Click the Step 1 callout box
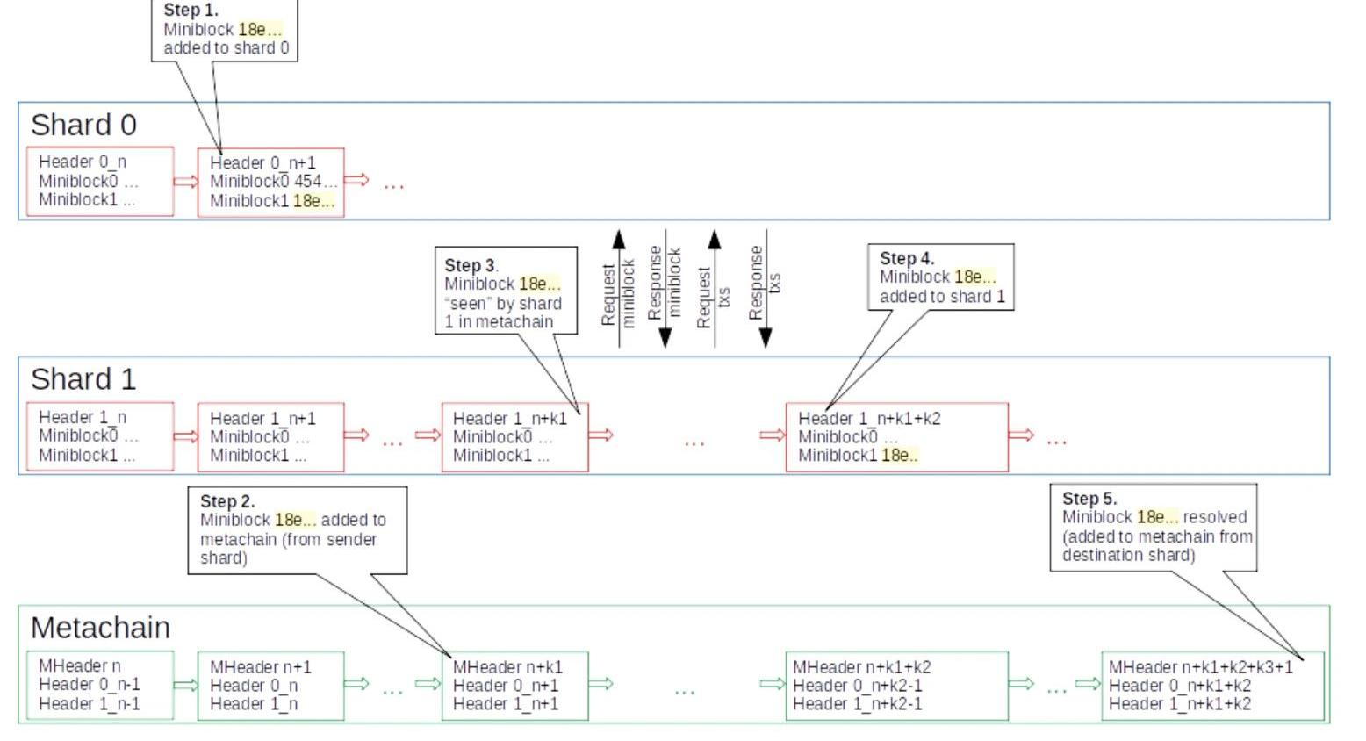click(x=226, y=31)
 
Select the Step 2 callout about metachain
click(x=297, y=529)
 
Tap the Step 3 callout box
click(x=506, y=290)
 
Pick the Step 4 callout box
click(x=940, y=277)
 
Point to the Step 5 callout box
click(x=1153, y=527)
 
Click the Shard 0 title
click(x=83, y=125)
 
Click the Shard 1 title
click(x=83, y=379)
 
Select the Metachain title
click(x=100, y=628)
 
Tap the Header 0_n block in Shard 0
click(x=99, y=181)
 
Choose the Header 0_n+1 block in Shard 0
click(x=270, y=183)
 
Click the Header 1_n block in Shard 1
click(x=99, y=436)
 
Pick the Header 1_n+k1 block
click(x=514, y=437)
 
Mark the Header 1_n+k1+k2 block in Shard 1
click(x=896, y=437)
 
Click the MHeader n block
click(x=99, y=685)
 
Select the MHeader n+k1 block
click(x=514, y=686)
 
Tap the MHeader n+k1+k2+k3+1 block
click(x=1212, y=686)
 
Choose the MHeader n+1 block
click(x=270, y=686)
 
